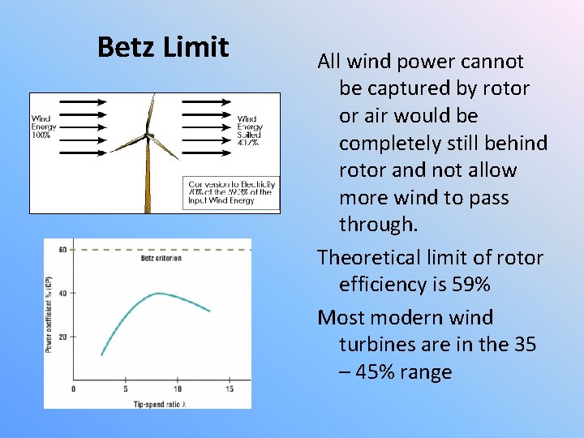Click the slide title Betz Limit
click(x=163, y=47)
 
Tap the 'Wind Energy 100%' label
click(x=43, y=127)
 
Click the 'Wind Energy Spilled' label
click(x=249, y=130)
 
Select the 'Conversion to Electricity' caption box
click(x=232, y=192)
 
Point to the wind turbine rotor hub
click(x=149, y=135)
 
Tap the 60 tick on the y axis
click(x=62, y=250)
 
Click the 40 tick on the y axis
click(x=62, y=293)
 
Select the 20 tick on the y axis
click(x=62, y=336)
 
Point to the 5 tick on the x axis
click(x=125, y=389)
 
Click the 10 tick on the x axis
click(x=177, y=389)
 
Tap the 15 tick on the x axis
click(x=229, y=389)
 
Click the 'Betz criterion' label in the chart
click(x=161, y=259)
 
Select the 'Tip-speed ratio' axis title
click(x=161, y=402)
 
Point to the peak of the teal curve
click(x=160, y=293)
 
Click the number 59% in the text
click(x=471, y=285)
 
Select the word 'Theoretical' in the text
click(x=366, y=258)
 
